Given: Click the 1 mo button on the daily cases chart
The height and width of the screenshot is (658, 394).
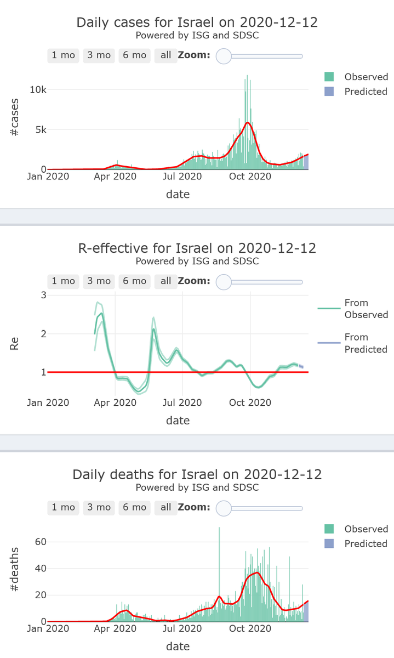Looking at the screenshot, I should click(x=63, y=55).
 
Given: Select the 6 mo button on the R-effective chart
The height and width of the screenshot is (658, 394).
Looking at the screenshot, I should click(x=134, y=281).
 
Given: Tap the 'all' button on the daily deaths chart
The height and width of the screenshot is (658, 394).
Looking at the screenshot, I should click(x=165, y=507).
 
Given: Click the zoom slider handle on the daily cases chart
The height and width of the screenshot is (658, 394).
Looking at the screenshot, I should click(x=224, y=55).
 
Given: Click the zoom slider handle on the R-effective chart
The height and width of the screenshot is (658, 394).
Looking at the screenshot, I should click(x=224, y=281).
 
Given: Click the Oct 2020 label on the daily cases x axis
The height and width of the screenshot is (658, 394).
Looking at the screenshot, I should click(x=250, y=177).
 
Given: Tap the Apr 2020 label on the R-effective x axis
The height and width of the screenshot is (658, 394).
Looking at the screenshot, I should click(x=115, y=402).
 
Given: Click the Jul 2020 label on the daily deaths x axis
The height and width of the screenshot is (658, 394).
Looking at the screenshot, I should click(x=182, y=628).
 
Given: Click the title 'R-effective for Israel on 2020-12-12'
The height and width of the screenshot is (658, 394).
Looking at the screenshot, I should click(x=197, y=248).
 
